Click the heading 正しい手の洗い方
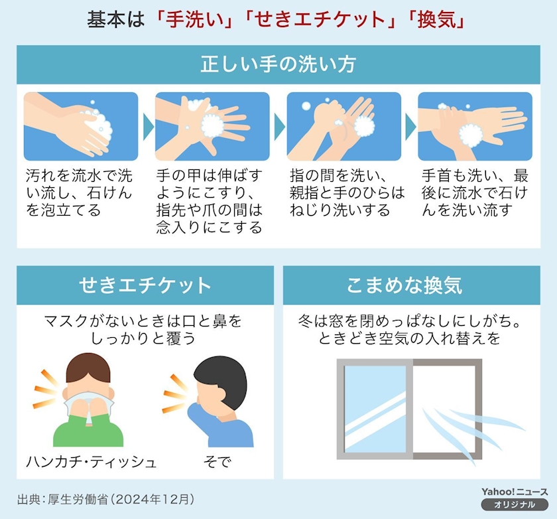pos(278,64)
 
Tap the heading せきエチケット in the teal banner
pos(145,285)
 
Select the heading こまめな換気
pos(404,285)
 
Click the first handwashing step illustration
pos(81,126)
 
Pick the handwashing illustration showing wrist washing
pos(475,126)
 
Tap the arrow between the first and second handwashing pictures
pos(148,127)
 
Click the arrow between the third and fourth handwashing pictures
pos(410,127)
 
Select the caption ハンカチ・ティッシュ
pos(92,462)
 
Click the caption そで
pos(217,462)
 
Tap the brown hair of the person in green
pos(88,367)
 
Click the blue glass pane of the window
pos(375,409)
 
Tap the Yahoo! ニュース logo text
pos(515,492)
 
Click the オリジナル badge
pos(515,505)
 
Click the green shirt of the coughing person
pos(88,430)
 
